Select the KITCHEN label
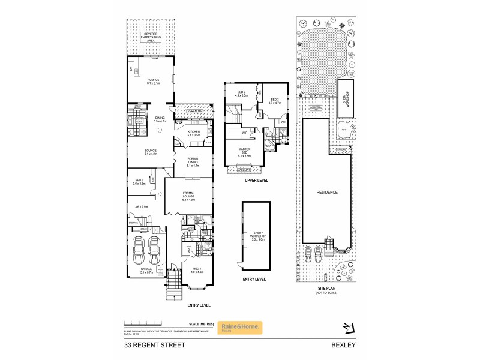click(193, 133)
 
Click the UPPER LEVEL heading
click(256, 180)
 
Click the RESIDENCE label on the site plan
click(328, 192)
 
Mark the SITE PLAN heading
click(328, 288)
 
